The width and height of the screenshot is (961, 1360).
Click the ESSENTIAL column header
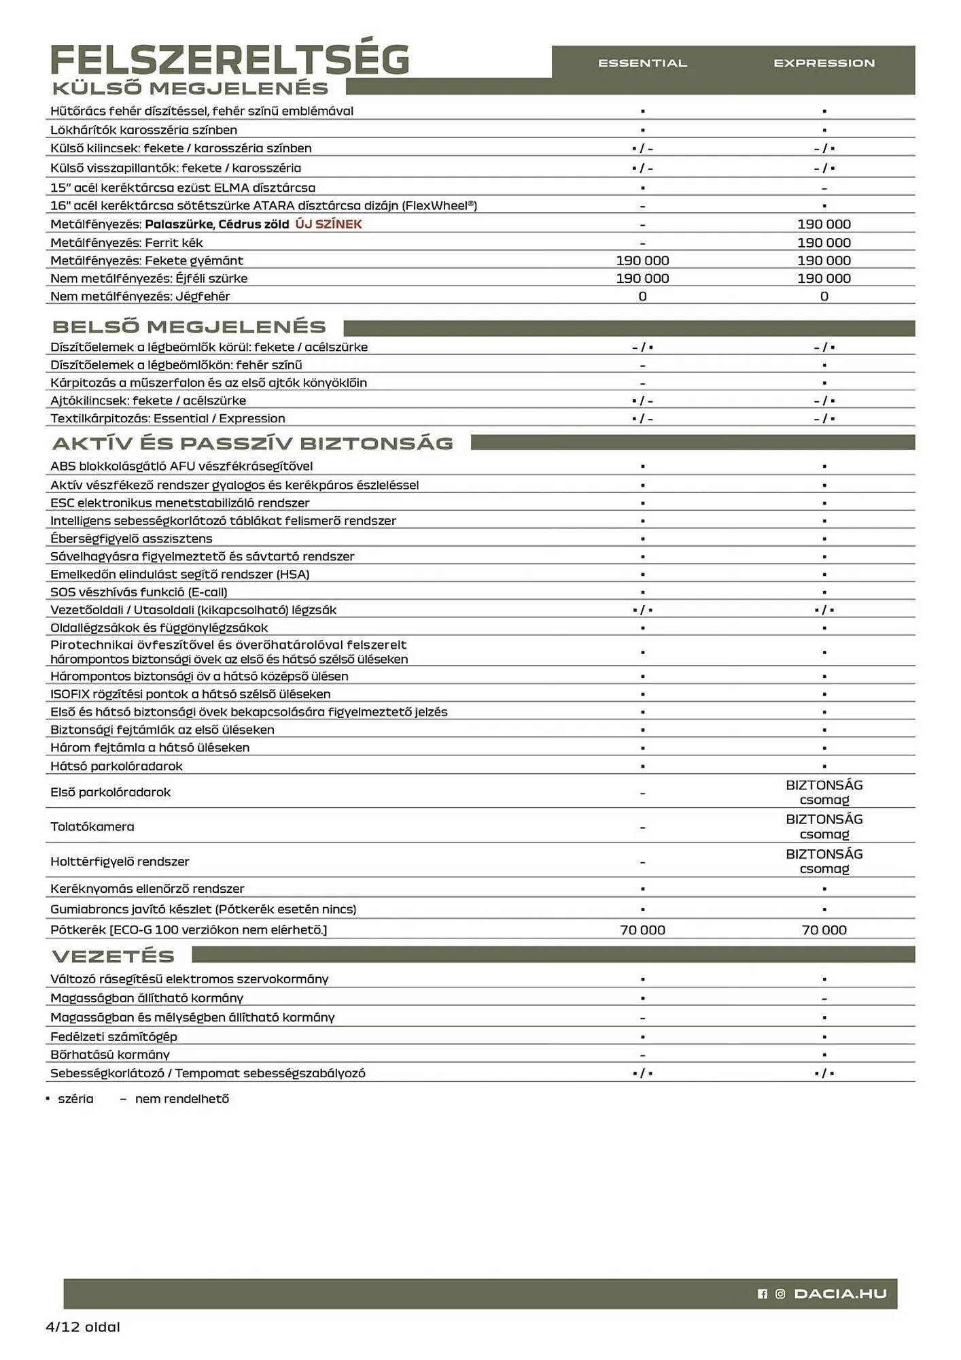pos(642,63)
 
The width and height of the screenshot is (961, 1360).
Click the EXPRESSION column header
pos(824,63)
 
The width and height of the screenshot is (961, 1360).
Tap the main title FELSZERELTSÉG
pos(230,60)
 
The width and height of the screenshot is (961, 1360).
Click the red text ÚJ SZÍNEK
pos(328,224)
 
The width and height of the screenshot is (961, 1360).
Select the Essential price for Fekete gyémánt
pos(642,260)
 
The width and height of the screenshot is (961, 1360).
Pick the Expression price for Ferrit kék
pos(824,243)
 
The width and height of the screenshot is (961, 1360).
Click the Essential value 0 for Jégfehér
pos(642,296)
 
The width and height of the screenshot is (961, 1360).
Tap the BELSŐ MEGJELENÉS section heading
pos(189,327)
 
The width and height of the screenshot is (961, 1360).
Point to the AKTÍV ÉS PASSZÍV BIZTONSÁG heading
pos(252,443)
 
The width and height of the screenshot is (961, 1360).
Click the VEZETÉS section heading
pos(113,956)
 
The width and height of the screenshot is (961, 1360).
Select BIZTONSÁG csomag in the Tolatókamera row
pos(824,827)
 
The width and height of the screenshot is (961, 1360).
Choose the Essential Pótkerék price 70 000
pos(642,930)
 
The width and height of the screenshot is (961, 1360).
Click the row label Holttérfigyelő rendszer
pos(120,862)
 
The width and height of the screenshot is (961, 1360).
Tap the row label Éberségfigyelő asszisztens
pos(131,539)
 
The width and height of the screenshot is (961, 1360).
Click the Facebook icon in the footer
pos(763,1294)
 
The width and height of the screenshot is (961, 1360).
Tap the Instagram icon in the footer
pos(780,1294)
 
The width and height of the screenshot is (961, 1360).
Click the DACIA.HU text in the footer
pos(840,1294)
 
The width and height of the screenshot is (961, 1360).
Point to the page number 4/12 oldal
pos(83,1327)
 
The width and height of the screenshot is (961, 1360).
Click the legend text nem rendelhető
pos(181,1099)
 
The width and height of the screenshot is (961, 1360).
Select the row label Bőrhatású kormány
pos(110,1055)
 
